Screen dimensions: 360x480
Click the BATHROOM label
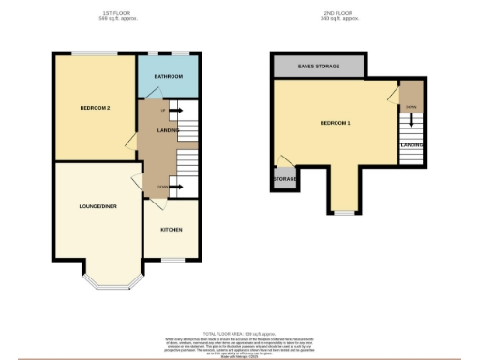169,76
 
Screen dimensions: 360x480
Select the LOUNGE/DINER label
97,205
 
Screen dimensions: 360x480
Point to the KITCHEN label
171,230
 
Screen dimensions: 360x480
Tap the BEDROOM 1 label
335,124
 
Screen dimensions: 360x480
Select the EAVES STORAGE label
319,67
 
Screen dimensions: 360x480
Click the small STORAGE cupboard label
284,179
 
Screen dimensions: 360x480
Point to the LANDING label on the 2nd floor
412,145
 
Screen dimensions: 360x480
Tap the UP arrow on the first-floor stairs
165,112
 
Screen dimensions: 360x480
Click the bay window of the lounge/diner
111,283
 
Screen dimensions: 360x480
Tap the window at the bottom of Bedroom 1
344,214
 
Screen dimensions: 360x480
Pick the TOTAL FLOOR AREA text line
240,333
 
